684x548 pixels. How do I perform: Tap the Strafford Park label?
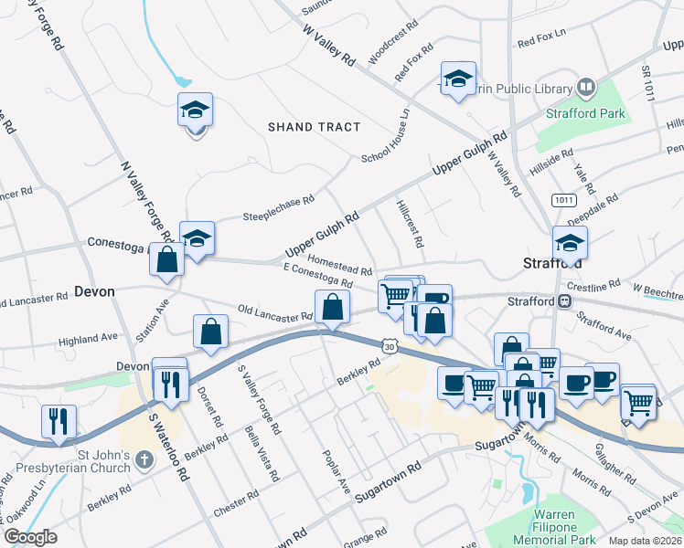[585, 114]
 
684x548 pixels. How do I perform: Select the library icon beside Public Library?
[585, 89]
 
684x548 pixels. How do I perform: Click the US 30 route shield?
[390, 345]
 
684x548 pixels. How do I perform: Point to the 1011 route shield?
[562, 199]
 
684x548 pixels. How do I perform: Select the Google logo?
[30, 537]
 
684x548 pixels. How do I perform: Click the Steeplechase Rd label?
[278, 209]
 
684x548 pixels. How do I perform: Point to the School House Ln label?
[385, 137]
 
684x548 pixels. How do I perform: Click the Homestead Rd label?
[339, 264]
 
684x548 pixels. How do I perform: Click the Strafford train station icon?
[565, 300]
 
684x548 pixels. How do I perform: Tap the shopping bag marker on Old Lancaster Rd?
[332, 307]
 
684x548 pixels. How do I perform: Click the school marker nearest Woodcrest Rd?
[458, 79]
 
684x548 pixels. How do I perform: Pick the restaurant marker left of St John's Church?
[58, 421]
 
